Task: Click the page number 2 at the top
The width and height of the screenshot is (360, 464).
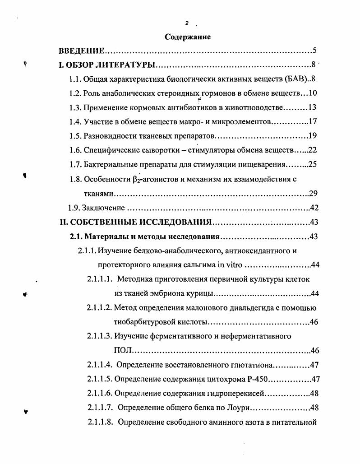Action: [x=186, y=23]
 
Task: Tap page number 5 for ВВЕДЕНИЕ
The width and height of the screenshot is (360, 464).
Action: [x=314, y=51]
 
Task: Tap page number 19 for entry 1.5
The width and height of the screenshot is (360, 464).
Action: [x=314, y=136]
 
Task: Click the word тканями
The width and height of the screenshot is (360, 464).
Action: [x=98, y=194]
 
